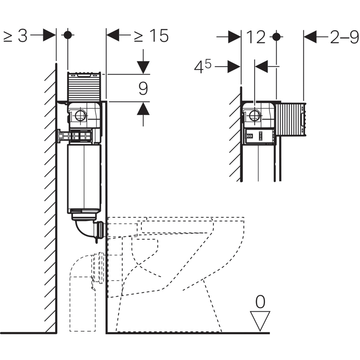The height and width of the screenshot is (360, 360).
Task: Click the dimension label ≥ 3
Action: click(15, 36)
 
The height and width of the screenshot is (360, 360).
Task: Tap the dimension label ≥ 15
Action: click(151, 36)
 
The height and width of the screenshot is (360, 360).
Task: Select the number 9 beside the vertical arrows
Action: click(143, 88)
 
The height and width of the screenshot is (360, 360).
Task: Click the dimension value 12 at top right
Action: click(255, 37)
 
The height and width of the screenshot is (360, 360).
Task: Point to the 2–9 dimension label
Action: click(345, 37)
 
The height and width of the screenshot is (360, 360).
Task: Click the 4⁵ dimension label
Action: click(203, 67)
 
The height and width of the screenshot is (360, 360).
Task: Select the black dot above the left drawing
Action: click(67, 35)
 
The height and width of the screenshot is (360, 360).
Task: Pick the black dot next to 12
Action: click(276, 36)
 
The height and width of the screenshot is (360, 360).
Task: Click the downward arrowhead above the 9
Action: click(143, 67)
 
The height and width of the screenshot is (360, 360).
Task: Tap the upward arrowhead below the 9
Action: click(143, 108)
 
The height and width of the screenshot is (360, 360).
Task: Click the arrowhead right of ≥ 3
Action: click(49, 35)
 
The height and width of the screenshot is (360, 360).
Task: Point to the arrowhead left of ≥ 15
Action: click(112, 35)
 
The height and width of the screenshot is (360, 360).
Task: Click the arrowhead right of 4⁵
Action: click(234, 67)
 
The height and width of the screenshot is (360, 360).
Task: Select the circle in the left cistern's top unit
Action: click(81, 116)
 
